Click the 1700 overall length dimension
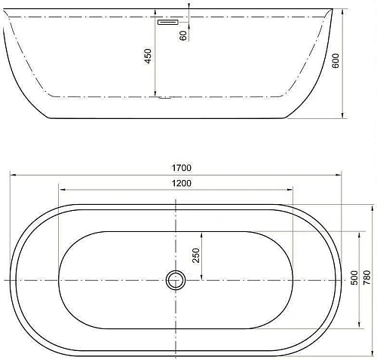pos(182,167)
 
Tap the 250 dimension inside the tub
pos(197,256)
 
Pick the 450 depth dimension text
pos(149,56)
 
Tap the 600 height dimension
pos(336,62)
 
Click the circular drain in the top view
pos(176,280)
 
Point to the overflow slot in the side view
pos(166,22)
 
